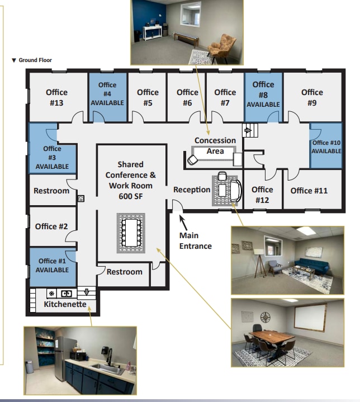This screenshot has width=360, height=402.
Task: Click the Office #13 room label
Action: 56,97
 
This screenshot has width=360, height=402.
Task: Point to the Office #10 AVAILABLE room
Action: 326,146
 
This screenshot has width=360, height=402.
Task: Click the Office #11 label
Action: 309,191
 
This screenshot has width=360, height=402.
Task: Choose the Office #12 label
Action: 262,195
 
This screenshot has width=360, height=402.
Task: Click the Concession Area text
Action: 215,145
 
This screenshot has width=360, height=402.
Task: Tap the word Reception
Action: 192,190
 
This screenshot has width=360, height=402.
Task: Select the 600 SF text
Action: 131,196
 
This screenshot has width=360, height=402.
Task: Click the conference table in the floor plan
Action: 131,231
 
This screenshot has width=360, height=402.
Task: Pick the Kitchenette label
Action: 65,305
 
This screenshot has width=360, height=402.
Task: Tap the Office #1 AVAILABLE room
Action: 52,265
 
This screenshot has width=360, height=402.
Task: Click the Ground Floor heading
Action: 35,60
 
